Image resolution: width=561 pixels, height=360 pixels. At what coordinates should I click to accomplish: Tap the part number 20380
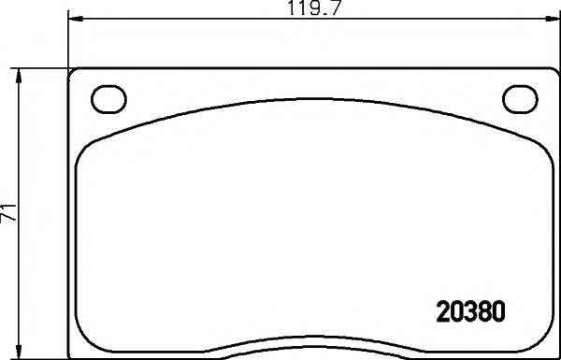point(472,309)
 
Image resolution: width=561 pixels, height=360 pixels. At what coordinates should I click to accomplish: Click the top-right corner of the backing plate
point(554,71)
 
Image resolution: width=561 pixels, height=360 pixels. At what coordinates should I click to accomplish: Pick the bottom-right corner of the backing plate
point(554,356)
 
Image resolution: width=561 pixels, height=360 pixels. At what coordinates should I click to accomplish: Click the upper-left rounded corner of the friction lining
point(86,146)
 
